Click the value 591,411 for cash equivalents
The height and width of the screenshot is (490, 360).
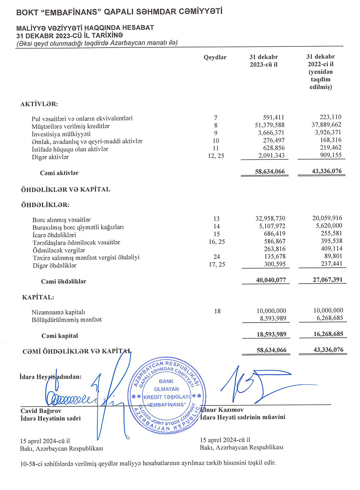tap(273, 117)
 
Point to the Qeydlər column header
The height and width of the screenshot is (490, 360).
tap(215, 58)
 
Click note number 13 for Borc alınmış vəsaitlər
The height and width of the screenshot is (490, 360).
tap(216, 219)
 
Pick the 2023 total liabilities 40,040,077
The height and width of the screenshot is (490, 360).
tap(271, 280)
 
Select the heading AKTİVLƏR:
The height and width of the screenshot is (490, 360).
tap(39, 104)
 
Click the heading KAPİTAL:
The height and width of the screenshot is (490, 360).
tap(38, 297)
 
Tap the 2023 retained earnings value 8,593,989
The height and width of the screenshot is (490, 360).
tap(273, 318)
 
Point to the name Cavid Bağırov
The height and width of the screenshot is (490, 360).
tap(41, 411)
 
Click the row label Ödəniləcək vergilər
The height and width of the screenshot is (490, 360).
tap(59, 250)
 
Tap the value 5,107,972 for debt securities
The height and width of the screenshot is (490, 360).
tap(272, 226)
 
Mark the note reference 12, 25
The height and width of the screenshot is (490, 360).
tap(216, 156)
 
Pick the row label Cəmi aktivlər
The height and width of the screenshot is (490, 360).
tap(59, 173)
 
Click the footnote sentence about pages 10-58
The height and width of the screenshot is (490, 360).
tap(148, 463)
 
